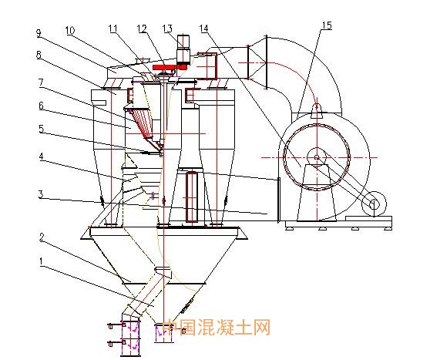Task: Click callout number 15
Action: point(327,25)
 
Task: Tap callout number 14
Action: point(203,29)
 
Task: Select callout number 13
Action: point(167,29)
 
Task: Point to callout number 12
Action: point(142,29)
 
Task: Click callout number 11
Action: point(113,29)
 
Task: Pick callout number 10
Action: point(70,31)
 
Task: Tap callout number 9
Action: point(39,33)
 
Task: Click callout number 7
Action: point(41,82)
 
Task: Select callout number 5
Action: point(41,129)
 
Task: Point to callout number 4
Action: point(41,156)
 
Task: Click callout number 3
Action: point(41,194)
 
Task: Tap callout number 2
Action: point(42,237)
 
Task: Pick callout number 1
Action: point(41,261)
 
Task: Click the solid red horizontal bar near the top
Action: point(170,67)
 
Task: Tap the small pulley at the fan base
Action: point(374,204)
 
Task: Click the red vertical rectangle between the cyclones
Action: point(192,197)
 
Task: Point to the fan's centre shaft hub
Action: point(317,157)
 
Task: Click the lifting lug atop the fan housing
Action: point(317,112)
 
